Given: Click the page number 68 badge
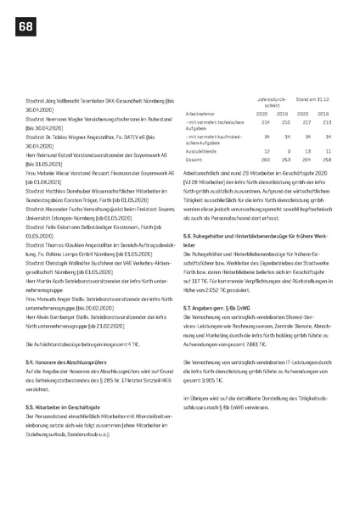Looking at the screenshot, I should (21, 29).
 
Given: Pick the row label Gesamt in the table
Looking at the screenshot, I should (194, 159).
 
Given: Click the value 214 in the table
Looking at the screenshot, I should (262, 121).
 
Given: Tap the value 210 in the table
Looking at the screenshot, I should (283, 121).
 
